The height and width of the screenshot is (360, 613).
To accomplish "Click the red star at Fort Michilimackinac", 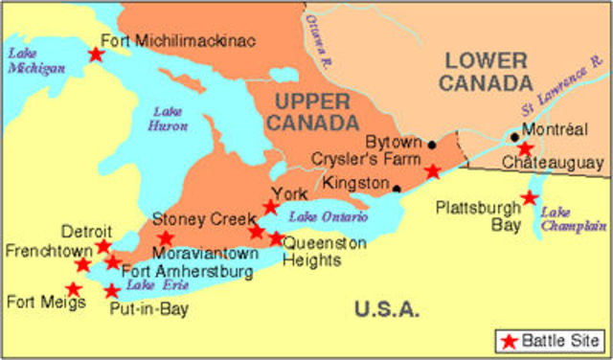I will [x=96, y=55].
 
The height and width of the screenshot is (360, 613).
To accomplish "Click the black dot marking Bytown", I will [x=432, y=146].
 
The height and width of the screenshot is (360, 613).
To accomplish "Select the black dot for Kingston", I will [x=397, y=188].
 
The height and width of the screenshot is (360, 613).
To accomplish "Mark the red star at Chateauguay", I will [x=525, y=148].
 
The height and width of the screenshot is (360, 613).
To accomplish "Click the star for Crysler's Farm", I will [x=433, y=171].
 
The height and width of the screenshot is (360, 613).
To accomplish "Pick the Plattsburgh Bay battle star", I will [x=529, y=198].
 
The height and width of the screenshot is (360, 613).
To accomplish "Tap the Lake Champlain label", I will [x=574, y=219].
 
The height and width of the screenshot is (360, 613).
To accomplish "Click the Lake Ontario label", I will [x=328, y=217].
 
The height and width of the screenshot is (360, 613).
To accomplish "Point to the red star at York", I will [x=271, y=207].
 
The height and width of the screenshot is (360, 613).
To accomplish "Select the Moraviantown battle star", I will [x=166, y=238].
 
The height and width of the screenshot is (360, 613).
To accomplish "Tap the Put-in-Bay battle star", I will [x=112, y=291].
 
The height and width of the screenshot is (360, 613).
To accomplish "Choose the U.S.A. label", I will [x=386, y=308].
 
